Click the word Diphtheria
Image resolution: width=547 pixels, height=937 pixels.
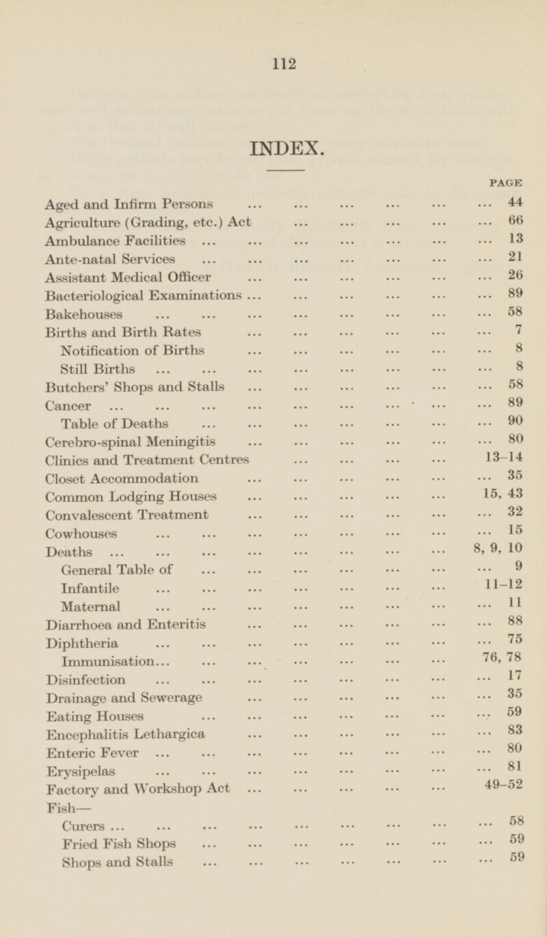81,642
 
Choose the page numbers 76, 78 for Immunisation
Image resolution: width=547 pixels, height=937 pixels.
503,660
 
